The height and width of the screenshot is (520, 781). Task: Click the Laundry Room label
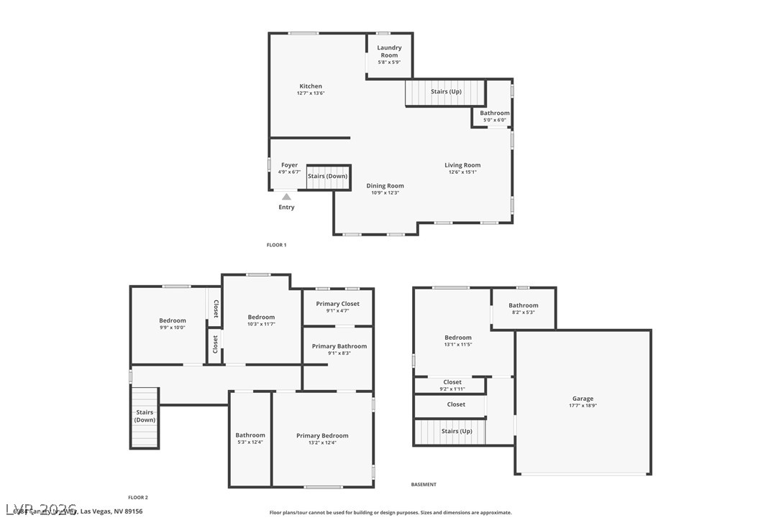pyautogui.click(x=389, y=51)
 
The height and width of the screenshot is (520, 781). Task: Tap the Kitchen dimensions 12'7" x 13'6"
pyautogui.click(x=311, y=93)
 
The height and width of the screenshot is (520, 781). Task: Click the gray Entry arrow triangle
pyautogui.click(x=286, y=196)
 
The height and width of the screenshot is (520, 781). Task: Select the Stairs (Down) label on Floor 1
pyautogui.click(x=327, y=176)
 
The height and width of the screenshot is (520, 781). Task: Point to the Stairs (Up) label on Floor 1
pyautogui.click(x=446, y=92)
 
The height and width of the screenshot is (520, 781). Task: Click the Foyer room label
pyautogui.click(x=289, y=165)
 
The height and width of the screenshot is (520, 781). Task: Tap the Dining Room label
pyautogui.click(x=385, y=186)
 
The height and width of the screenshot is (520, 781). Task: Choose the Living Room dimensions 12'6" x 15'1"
pyautogui.click(x=462, y=172)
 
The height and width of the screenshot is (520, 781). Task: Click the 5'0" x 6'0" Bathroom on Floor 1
pyautogui.click(x=495, y=113)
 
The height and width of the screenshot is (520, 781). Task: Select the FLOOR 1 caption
pyautogui.click(x=276, y=245)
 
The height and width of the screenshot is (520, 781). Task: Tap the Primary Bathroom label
pyautogui.click(x=339, y=346)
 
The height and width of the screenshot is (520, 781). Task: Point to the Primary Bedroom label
pyautogui.click(x=322, y=435)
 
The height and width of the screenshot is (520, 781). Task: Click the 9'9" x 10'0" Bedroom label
pyautogui.click(x=173, y=321)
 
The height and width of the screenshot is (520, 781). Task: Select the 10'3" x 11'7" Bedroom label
pyautogui.click(x=261, y=317)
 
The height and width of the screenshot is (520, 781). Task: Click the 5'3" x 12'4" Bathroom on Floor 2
pyautogui.click(x=250, y=435)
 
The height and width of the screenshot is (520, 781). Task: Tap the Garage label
pyautogui.click(x=583, y=399)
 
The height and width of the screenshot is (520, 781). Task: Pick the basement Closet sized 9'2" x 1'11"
pyautogui.click(x=452, y=383)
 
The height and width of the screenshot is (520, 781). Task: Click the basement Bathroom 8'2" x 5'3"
pyautogui.click(x=524, y=305)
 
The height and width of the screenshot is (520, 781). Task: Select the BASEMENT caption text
pyautogui.click(x=424, y=485)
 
